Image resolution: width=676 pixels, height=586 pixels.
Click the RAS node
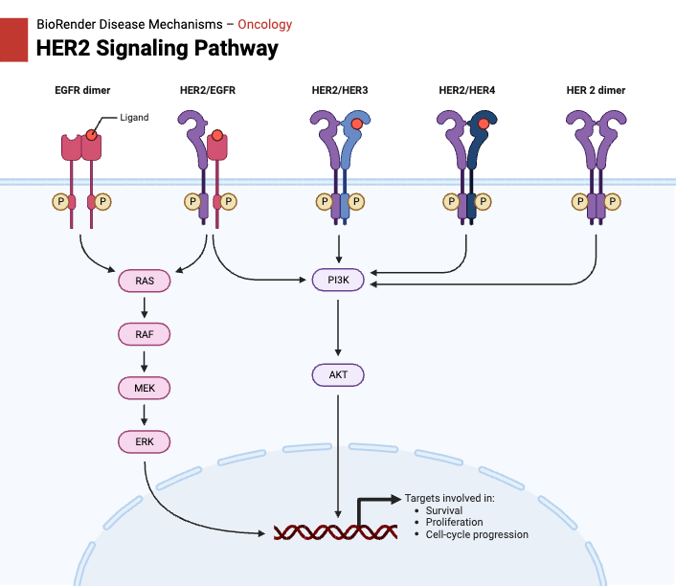tap(144, 281)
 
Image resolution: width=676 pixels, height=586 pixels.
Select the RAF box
tap(144, 334)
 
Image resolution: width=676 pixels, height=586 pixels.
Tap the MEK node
tap(144, 388)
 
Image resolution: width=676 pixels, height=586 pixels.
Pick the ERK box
tap(144, 441)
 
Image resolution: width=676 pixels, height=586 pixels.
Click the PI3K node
tap(338, 281)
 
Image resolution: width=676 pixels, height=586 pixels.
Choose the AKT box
tap(338, 374)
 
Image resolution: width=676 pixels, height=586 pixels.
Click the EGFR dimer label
tap(82, 91)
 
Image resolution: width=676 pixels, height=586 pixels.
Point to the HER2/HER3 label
tap(339, 91)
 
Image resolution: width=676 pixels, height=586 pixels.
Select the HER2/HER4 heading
tap(466, 91)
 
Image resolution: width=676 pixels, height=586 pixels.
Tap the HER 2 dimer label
tap(596, 91)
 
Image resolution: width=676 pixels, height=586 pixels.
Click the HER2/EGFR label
tap(208, 91)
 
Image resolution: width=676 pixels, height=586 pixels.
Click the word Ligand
tap(134, 117)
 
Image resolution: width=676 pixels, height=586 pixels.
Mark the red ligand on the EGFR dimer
tap(92, 136)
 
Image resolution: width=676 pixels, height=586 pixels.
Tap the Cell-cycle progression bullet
tap(477, 534)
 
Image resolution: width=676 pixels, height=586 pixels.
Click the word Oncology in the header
tap(264, 24)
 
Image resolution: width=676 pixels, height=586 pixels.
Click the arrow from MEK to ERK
tap(144, 415)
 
